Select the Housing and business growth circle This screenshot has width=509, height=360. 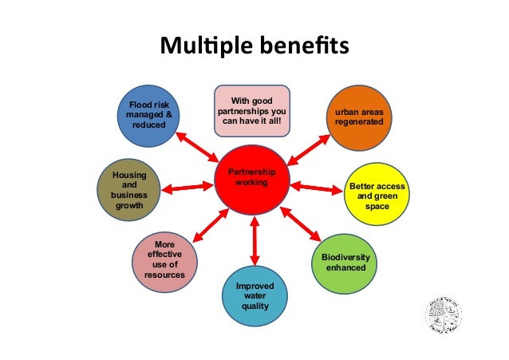coord(128,189)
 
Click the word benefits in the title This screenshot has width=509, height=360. coord(308,45)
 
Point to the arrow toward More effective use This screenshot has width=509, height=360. coord(206,227)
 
